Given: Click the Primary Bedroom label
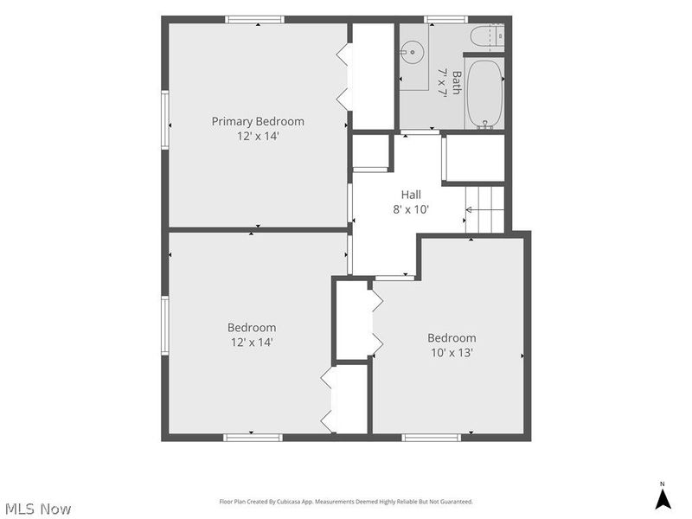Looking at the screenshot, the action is click(x=258, y=121).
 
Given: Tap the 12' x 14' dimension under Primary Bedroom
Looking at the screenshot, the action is click(x=258, y=136).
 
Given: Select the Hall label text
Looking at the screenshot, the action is click(x=411, y=195).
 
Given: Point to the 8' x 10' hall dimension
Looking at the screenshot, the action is click(x=411, y=209).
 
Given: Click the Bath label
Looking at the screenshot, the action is click(x=457, y=82).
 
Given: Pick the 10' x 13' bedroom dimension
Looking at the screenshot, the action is click(x=452, y=353).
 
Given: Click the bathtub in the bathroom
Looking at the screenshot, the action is click(x=484, y=94).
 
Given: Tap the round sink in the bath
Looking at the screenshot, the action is click(x=413, y=53).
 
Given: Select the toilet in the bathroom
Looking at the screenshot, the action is click(x=487, y=36).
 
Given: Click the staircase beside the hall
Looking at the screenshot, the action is click(x=484, y=209).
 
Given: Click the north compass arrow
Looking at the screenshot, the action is click(x=663, y=498).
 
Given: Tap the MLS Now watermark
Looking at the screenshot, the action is click(x=38, y=509).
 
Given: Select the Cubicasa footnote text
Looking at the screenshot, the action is click(x=346, y=502).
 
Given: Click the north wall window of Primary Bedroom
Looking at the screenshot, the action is click(x=254, y=19).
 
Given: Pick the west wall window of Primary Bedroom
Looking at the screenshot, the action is click(x=165, y=119).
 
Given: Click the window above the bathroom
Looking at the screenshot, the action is click(x=445, y=19).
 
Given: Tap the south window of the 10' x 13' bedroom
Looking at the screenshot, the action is click(x=431, y=438).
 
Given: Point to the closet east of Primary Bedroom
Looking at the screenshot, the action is click(x=373, y=76).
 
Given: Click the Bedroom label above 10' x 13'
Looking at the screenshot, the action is click(x=452, y=338).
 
